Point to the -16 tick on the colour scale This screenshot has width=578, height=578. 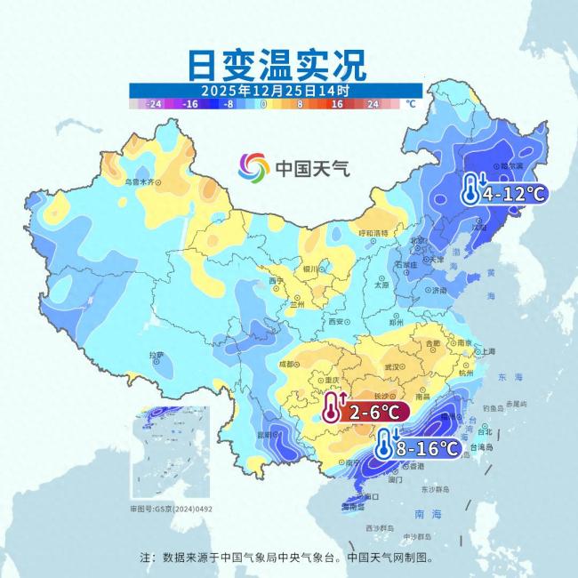coord(189,104)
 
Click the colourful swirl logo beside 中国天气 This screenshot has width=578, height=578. coord(253,166)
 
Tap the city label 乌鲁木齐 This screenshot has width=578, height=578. coord(144,181)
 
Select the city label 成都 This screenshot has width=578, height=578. coord(285,363)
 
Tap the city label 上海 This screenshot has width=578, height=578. coord(488,350)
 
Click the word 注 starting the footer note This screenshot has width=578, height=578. coord(146,558)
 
